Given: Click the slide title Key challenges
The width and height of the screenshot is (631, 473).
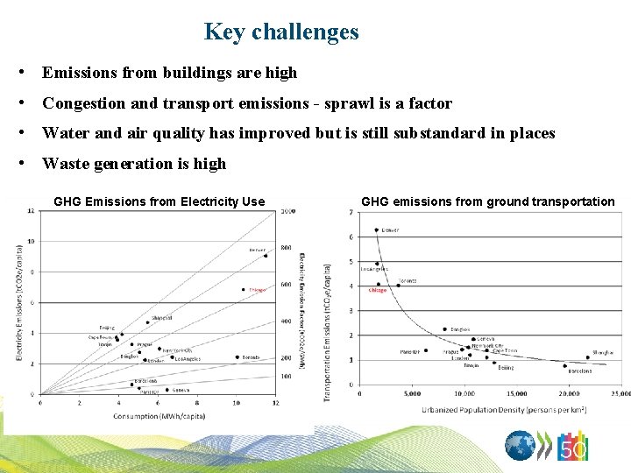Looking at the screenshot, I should coord(281,32).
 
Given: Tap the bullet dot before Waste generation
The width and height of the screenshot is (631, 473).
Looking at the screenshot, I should coord(31,163).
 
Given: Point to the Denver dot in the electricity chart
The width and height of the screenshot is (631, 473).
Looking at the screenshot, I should coord(266,256).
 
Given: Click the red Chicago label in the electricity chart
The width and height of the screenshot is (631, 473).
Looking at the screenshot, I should coord(257,290).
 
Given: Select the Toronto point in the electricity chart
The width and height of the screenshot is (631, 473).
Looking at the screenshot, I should coord(237,357).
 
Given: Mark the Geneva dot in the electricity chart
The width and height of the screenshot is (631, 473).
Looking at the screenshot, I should coord(167,390).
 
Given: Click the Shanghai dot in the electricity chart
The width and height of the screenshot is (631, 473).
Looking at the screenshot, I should coord(148,322).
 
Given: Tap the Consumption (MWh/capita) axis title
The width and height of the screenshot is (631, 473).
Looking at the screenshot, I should coord(159,416).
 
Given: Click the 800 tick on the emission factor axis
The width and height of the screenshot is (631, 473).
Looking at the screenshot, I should coord(287,248).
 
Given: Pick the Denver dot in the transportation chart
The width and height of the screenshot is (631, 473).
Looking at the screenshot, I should coord(377,230).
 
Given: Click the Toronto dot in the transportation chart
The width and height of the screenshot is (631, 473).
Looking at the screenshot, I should coord(399,286).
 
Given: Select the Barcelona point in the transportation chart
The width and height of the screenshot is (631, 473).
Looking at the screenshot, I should coord(565,365).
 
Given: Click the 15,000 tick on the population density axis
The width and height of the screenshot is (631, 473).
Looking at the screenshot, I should coord(517,393).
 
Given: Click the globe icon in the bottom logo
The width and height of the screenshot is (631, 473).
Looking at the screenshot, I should coord(521,446).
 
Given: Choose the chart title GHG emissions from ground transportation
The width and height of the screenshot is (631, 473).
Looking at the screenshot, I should coord(487,201).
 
